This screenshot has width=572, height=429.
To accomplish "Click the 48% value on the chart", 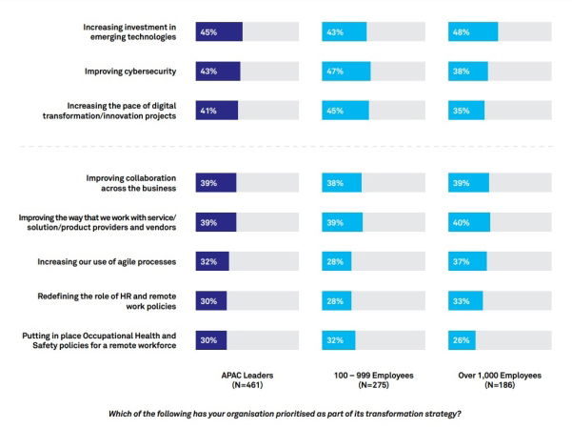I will pos(461,32).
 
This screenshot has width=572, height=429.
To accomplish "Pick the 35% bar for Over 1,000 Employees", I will pos(466,110).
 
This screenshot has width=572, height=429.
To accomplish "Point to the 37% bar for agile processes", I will pos(467,260).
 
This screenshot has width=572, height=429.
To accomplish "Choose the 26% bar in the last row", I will pos(462,338).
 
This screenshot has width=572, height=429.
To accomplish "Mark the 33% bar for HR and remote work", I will pos(465,299).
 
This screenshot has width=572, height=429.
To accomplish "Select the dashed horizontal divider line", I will pos(286,146).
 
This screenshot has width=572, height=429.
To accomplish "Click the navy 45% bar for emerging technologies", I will pos(219,32).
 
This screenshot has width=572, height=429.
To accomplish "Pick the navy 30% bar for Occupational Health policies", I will pos(211,338).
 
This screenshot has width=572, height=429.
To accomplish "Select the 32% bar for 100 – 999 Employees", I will pos(339,338).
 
